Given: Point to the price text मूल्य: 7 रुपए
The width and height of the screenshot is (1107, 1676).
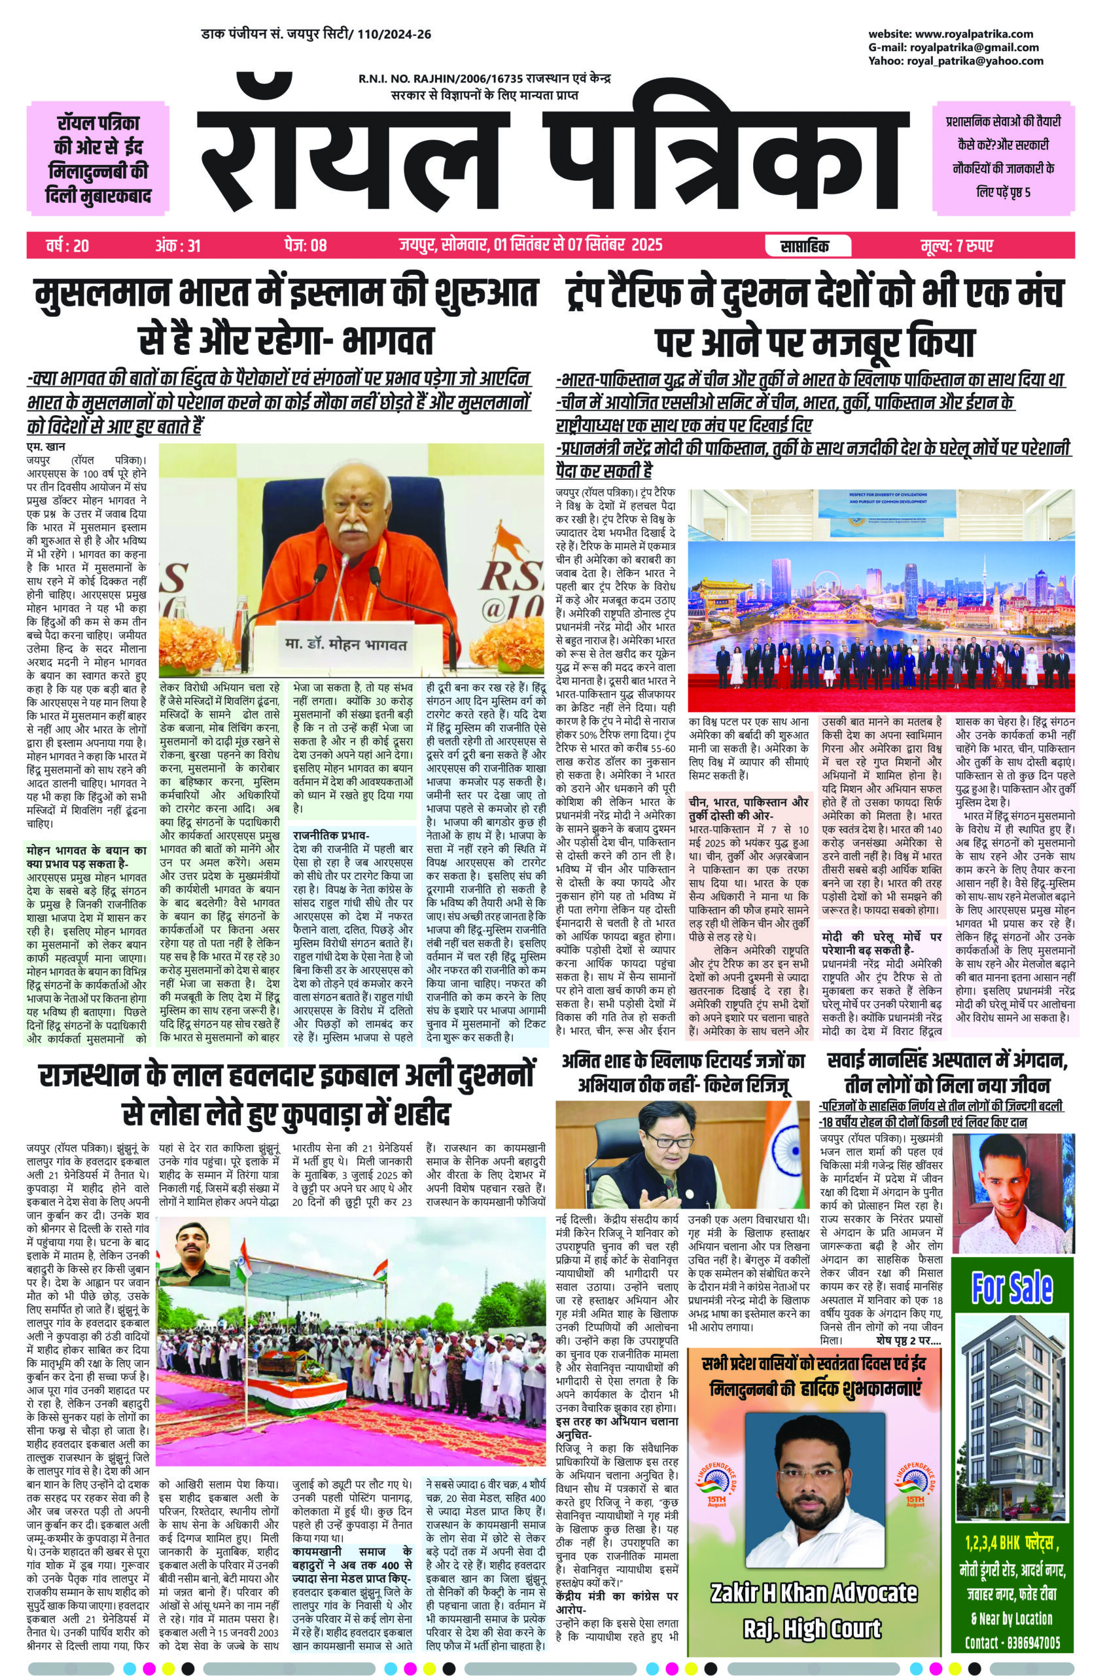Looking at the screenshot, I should point(957,246).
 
